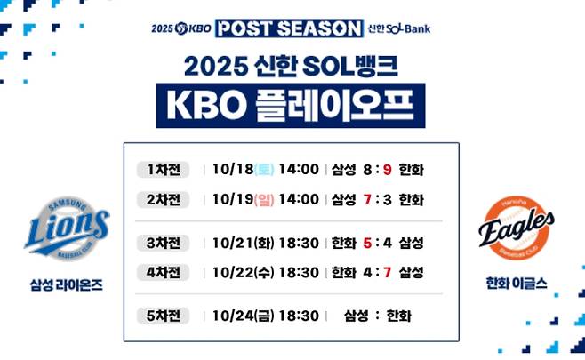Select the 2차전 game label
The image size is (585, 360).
tap(163, 199)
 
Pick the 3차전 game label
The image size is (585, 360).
tap(163, 243)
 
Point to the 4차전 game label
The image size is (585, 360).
tap(163, 271)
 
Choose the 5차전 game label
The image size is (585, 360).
tap(163, 315)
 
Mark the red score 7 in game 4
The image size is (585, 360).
tap(388, 271)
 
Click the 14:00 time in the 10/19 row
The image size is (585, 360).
tap(298, 199)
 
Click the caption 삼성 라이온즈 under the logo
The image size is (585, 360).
tap(66, 286)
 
